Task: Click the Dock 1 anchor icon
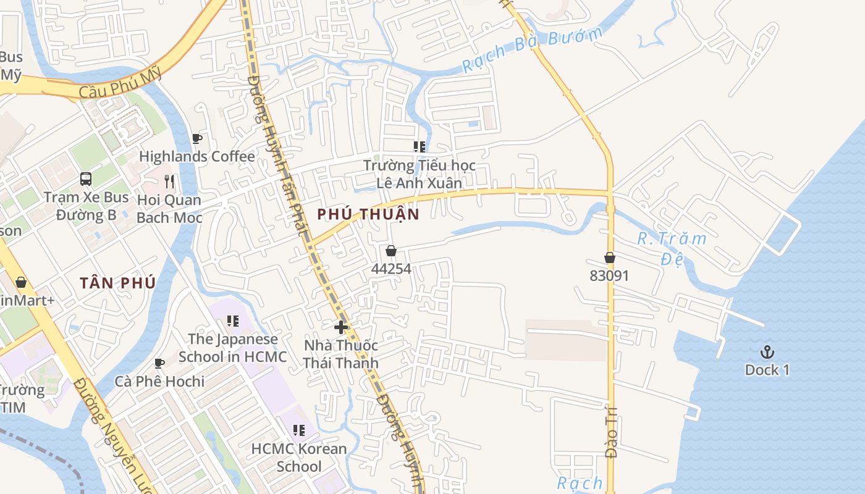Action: click(767, 352)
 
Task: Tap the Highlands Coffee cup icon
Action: click(197, 138)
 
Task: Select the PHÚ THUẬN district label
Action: click(368, 214)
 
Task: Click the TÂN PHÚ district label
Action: click(117, 283)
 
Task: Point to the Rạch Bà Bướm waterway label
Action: click(532, 49)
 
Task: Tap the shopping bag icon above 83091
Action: click(610, 257)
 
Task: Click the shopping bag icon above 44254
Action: click(390, 251)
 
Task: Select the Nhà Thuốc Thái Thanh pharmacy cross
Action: click(340, 327)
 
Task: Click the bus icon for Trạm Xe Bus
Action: click(86, 179)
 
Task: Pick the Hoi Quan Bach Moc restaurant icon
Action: click(169, 181)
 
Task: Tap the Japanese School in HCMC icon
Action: click(232, 320)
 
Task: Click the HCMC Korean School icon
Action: click(299, 430)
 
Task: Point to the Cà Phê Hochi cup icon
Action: click(159, 363)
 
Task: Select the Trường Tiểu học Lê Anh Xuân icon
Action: click(420, 146)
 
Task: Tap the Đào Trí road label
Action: click(611, 435)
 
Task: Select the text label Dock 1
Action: click(767, 370)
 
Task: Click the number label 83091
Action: click(609, 275)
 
